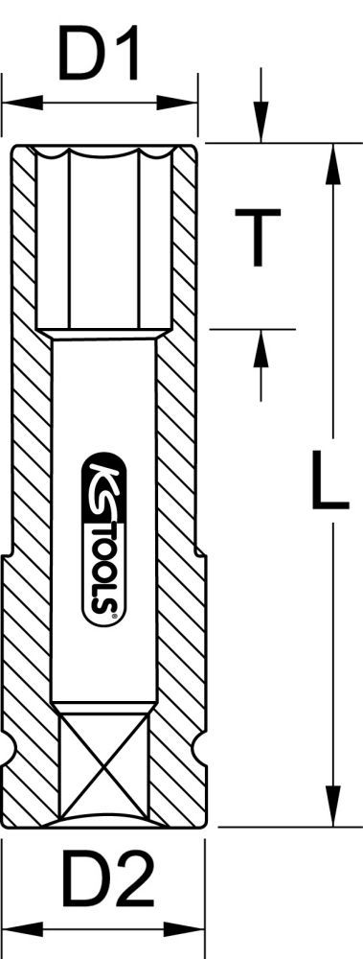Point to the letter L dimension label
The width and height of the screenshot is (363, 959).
329,484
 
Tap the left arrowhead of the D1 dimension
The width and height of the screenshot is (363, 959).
13,100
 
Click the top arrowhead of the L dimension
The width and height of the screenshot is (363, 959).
331,158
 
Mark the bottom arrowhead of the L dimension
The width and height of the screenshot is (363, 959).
331,810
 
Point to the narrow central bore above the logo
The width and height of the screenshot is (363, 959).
102,393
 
